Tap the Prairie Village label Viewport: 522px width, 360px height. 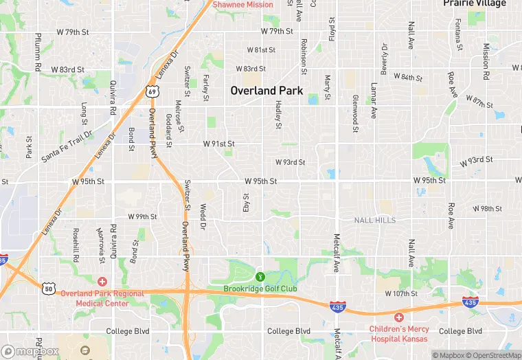pos(474,3)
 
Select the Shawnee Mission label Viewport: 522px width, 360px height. pos(242,4)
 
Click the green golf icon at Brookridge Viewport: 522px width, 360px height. pos(260,277)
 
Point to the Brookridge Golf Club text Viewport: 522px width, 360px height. pos(260,289)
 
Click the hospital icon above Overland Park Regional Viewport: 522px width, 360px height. pos(102,282)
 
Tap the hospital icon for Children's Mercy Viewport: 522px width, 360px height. pos(399,317)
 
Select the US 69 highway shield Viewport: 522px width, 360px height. pos(152,91)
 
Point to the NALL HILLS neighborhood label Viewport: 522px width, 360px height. pos(375,220)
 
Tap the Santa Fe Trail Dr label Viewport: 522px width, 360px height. pos(66,146)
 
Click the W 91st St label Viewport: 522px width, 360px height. pos(218,144)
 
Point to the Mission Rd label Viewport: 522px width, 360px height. pos(486,60)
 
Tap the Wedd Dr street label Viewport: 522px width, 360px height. pos(203,216)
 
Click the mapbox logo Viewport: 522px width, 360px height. pos(30,351)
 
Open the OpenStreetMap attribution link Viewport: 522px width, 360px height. pos(492,355)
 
